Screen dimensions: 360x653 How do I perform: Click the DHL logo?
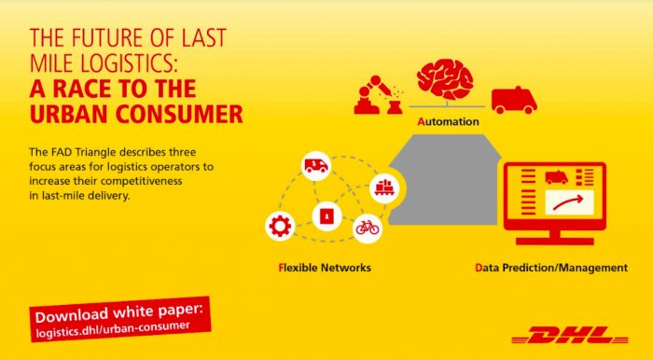570,334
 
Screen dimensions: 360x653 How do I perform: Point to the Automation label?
449,122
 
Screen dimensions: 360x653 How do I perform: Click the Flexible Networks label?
324,268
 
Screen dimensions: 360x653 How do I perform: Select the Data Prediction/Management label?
550,268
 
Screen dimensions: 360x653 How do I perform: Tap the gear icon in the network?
279,226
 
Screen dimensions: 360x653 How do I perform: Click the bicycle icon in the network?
367,227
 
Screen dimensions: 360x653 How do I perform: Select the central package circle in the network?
325,216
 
